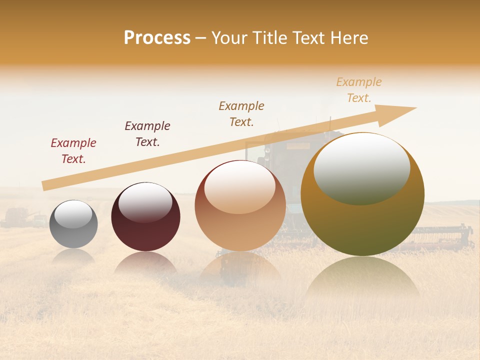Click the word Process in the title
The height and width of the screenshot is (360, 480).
157,38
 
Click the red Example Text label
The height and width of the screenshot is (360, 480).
73,151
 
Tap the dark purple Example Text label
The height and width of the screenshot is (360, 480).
147,134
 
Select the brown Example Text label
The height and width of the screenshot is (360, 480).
241,114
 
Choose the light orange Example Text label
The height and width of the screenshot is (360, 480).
359,90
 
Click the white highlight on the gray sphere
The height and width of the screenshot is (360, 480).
73,214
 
